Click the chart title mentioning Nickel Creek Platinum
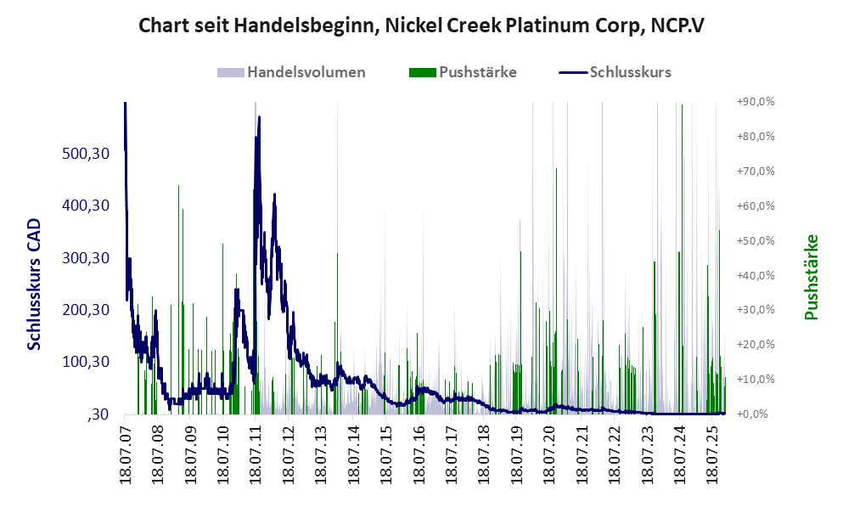point(421,25)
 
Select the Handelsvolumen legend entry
point(306,72)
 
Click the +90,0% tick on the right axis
point(754,102)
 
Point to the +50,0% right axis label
point(754,241)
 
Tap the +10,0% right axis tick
point(754,380)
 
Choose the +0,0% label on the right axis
point(754,414)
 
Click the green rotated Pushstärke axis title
point(812,277)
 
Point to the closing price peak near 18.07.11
point(259,118)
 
